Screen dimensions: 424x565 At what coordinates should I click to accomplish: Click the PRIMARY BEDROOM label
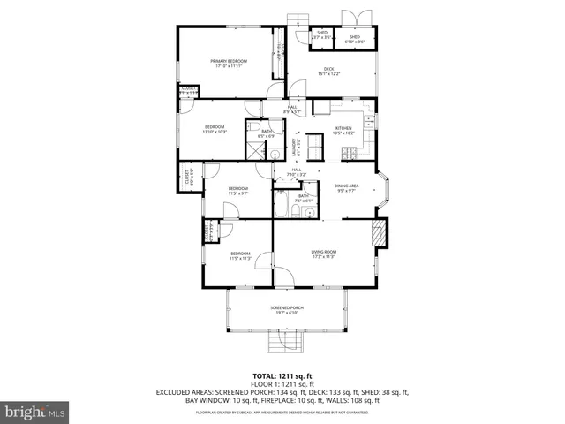click(228, 62)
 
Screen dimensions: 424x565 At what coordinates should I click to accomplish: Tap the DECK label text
click(328, 71)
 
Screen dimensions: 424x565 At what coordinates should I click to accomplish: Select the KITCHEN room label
click(343, 130)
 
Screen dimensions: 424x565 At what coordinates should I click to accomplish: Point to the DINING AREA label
click(346, 187)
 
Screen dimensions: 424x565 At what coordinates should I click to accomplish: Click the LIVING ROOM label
click(324, 254)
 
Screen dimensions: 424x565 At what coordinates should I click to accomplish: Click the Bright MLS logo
click(35, 412)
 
